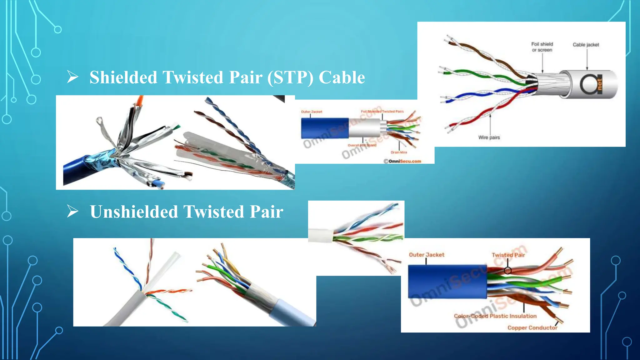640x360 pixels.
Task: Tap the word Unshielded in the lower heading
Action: click(134, 212)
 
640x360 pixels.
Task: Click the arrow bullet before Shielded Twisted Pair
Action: click(72, 77)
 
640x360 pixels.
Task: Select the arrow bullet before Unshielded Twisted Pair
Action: click(72, 211)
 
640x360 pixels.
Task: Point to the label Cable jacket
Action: click(586, 45)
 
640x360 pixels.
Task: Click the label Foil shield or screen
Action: click(542, 47)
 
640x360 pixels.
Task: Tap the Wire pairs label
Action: click(489, 137)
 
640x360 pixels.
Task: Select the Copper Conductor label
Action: click(532, 327)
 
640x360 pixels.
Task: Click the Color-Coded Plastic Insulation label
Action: click(495, 316)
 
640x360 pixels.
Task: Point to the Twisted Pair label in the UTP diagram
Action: click(508, 255)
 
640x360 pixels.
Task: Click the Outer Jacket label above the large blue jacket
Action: click(427, 255)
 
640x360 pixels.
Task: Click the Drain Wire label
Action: click(399, 152)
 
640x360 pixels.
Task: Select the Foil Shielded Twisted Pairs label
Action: click(382, 111)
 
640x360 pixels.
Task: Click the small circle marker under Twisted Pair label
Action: click(508, 271)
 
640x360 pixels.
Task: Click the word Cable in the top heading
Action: click(342, 77)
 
